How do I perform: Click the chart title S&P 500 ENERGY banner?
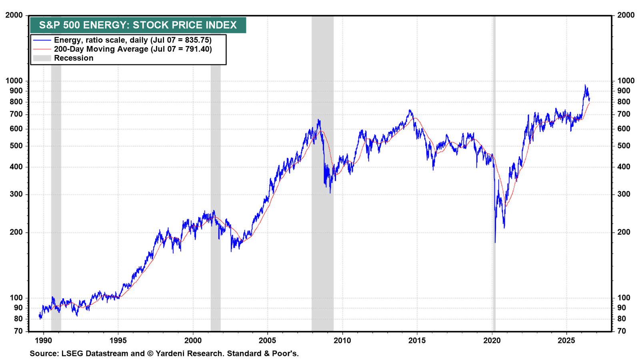tap(138, 25)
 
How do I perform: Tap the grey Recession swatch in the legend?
tap(42, 58)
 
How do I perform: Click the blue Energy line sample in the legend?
tap(42, 40)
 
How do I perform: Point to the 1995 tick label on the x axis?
tap(118, 340)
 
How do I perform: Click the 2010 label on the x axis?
tap(342, 340)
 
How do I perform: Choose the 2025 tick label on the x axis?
tap(566, 340)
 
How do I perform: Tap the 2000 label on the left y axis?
tap(14, 15)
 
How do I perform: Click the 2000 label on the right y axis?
tap(626, 15)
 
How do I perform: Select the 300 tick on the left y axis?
tap(16, 194)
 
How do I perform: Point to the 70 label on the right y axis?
tap(622, 331)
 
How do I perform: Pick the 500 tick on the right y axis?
tap(624, 146)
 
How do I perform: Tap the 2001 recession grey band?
tap(216, 198)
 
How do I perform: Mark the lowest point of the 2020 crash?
tap(495, 242)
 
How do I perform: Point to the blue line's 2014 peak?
tap(410, 110)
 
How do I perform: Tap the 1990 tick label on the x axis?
tap(44, 340)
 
